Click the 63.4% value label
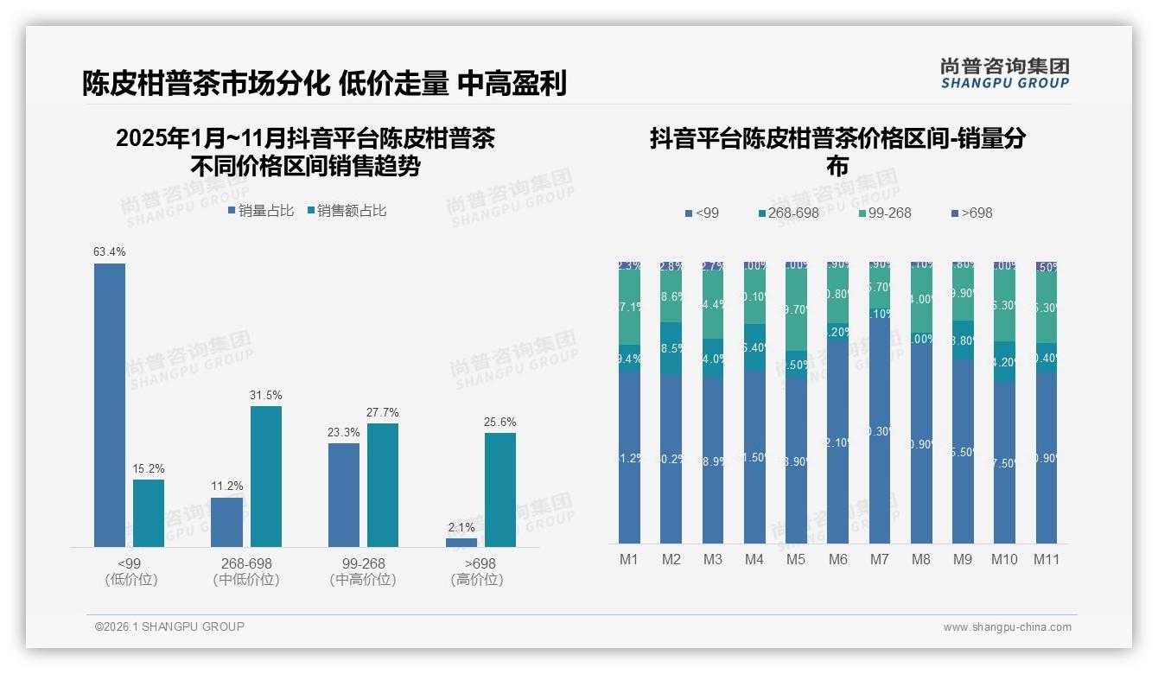[110, 252]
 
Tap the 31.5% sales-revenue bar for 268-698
[266, 476]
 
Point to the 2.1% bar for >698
[461, 543]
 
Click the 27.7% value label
[383, 412]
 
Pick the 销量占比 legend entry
[261, 211]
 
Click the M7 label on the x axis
[879, 560]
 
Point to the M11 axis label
[1047, 560]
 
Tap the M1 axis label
[629, 560]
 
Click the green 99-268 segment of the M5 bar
[796, 308]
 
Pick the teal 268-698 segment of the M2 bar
[671, 348]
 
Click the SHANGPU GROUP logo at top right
[1004, 73]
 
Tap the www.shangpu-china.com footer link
[1007, 627]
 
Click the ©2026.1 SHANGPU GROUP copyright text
[169, 626]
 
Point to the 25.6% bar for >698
[500, 490]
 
